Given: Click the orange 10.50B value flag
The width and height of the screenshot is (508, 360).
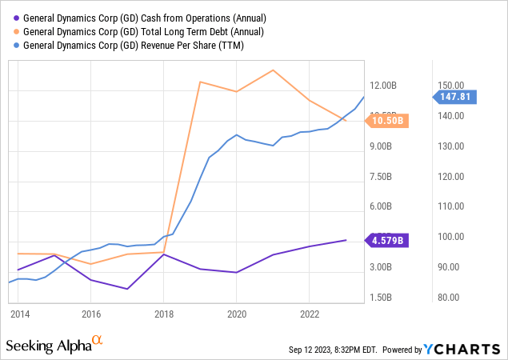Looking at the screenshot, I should point(386,121).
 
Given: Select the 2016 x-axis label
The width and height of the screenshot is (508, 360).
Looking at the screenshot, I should point(90,314).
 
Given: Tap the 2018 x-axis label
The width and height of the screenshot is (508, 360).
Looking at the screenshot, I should point(163,314).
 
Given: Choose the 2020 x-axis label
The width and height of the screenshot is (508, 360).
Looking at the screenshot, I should point(236,314).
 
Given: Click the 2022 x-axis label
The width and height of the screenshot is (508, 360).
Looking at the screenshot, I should point(309,314).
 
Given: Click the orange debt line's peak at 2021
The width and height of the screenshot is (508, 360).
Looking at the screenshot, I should point(273,70).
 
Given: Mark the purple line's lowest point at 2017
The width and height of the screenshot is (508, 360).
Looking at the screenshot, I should point(127,289).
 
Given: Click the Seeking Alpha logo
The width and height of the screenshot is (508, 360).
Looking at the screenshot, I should point(54,345).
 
